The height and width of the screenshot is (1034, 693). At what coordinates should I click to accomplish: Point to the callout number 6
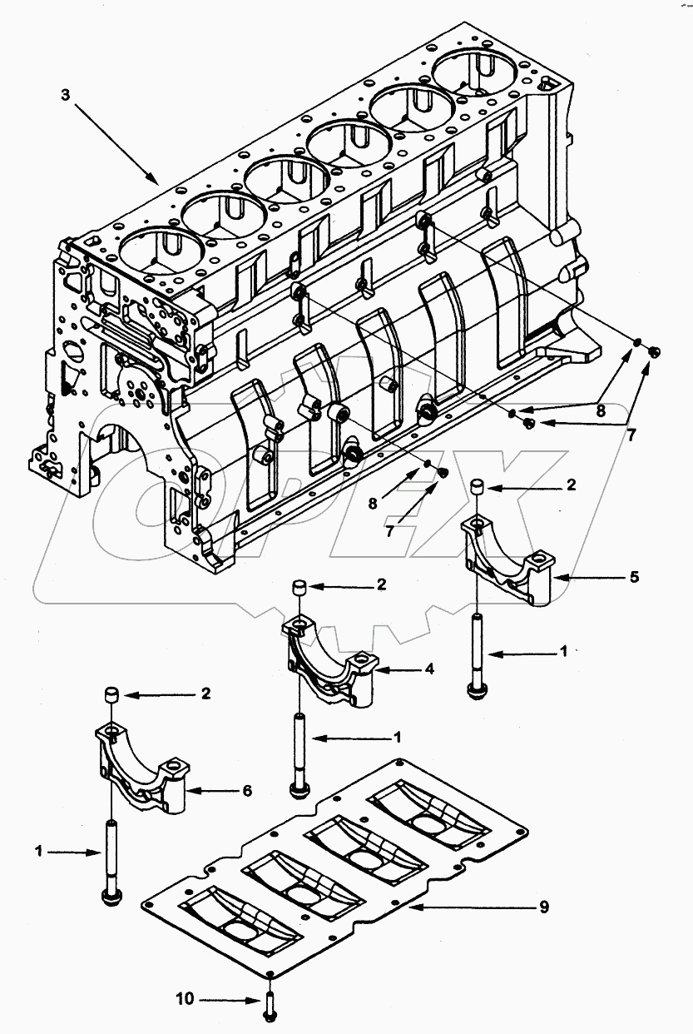(x=246, y=791)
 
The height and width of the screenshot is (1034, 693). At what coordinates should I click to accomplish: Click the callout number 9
(x=544, y=906)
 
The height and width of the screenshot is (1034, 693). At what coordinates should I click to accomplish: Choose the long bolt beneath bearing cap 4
(x=299, y=753)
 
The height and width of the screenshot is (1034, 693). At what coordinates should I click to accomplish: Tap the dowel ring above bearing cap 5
(x=478, y=487)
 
